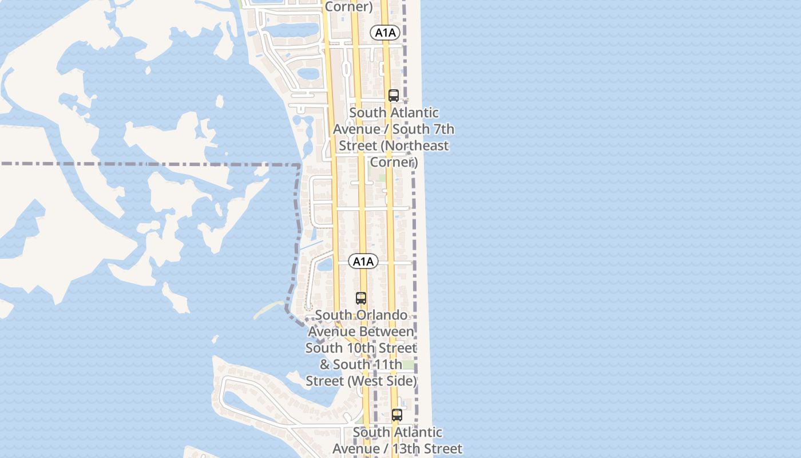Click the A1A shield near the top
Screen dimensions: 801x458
(385, 33)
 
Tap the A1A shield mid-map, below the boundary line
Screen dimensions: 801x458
(363, 262)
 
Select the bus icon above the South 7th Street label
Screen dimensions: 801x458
(394, 96)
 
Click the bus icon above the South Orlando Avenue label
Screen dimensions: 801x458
(361, 298)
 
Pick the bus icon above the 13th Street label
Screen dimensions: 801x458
(397, 415)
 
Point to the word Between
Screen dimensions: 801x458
(386, 331)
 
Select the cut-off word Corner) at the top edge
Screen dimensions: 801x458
(348, 7)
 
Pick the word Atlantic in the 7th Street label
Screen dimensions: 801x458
(411, 113)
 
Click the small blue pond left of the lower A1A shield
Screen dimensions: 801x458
(324, 264)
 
